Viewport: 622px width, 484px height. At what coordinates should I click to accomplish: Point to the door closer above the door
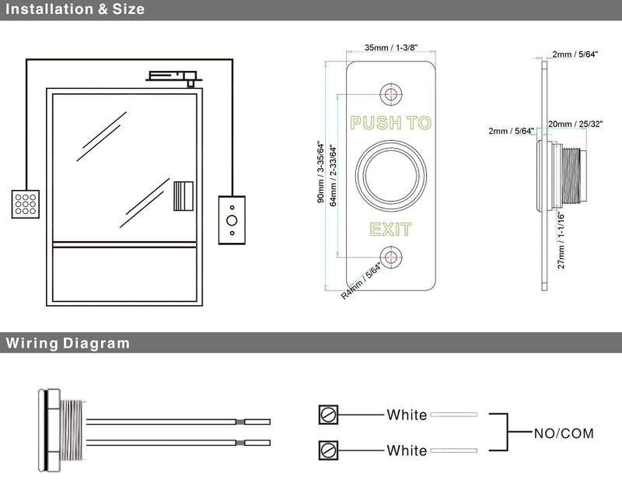tap(173, 76)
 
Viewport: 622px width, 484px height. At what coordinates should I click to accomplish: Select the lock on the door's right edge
tap(183, 196)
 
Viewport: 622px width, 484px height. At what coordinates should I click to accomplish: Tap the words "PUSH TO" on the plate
tap(390, 123)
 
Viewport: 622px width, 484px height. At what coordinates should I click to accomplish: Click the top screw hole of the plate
tap(390, 92)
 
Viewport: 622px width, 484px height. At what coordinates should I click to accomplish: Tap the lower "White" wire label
tap(407, 451)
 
